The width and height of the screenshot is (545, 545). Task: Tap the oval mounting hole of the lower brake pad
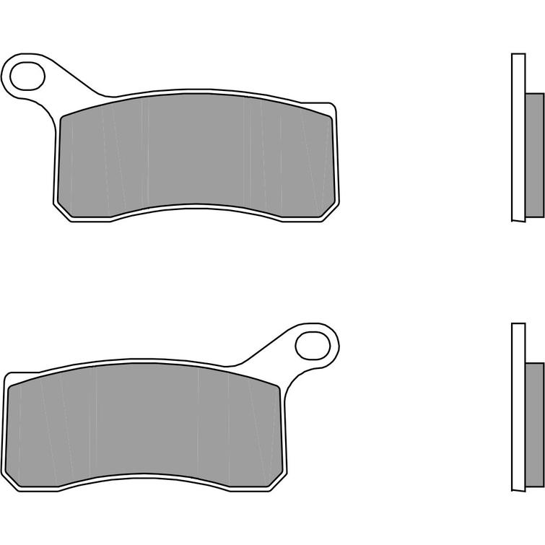pyautogui.click(x=315, y=344)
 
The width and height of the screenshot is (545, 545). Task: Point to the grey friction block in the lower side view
pyautogui.click(x=531, y=425)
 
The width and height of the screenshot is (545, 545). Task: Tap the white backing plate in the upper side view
pyautogui.click(x=517, y=137)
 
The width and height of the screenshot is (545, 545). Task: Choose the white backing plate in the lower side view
pyautogui.click(x=517, y=408)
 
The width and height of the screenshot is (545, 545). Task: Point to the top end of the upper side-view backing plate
pyautogui.click(x=517, y=56)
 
